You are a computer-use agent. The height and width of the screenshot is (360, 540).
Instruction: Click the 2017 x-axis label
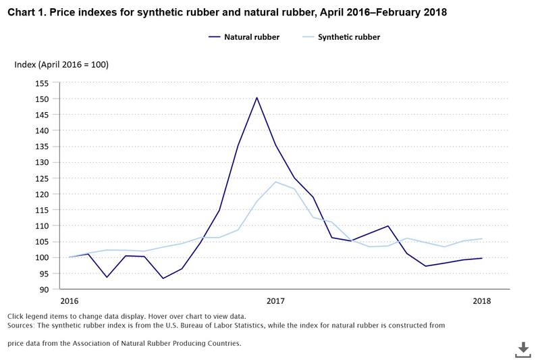275,301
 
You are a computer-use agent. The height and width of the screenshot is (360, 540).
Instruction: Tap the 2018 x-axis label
481,301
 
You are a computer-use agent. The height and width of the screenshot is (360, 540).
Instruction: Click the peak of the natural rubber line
256,98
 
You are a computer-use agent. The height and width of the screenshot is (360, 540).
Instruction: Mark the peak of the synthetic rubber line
275,182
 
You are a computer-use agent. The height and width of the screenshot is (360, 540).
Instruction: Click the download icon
523,349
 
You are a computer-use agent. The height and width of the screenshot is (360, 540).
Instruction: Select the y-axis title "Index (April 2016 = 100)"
61,65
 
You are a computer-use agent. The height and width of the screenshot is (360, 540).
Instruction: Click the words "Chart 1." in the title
26,11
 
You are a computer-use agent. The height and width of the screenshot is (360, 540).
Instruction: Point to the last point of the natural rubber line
481,258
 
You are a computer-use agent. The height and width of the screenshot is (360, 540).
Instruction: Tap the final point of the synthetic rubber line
481,238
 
